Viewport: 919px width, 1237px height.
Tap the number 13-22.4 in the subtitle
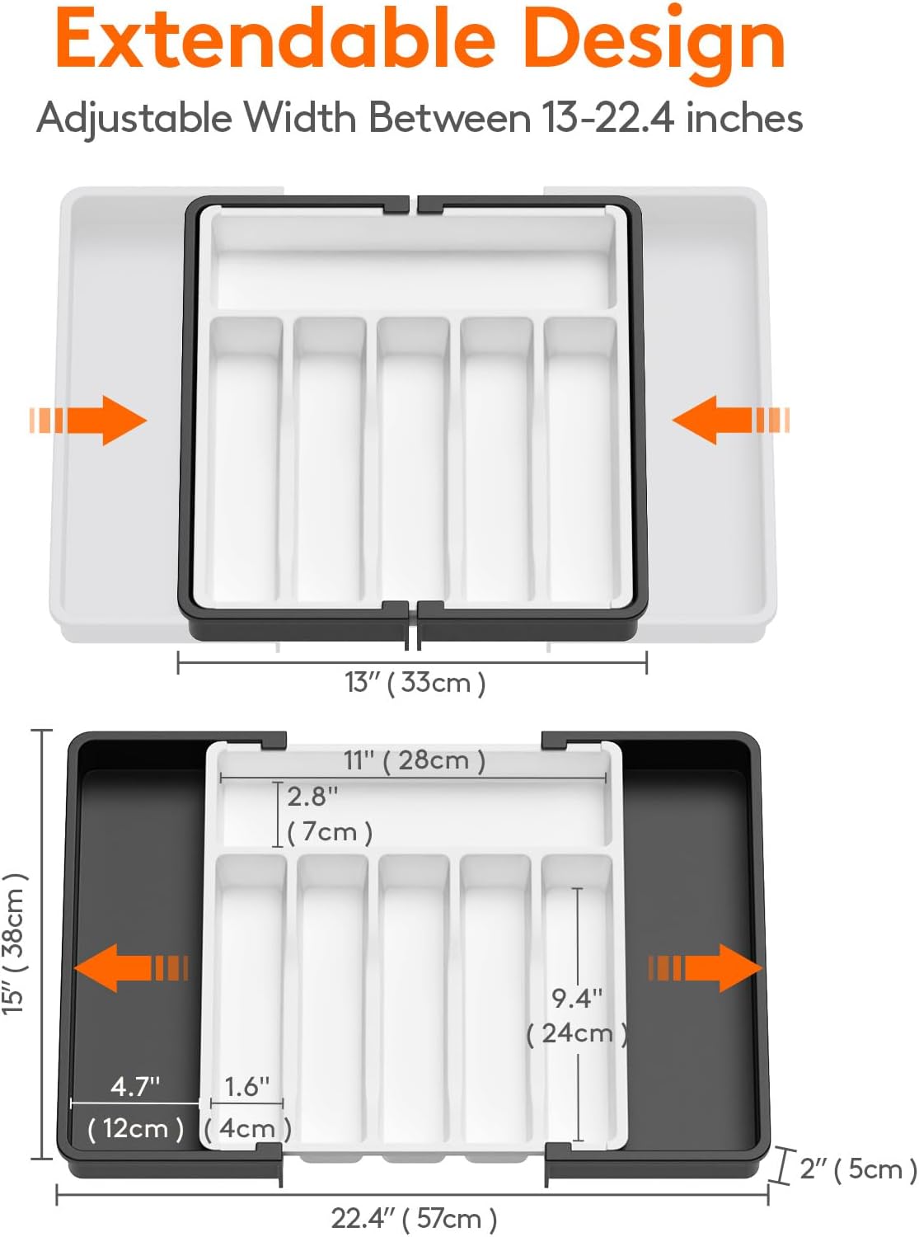pos(609,118)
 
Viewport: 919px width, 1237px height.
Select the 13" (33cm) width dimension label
pos(415,683)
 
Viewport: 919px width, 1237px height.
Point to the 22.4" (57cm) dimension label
pos(414,1218)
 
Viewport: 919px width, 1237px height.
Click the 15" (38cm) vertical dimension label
pos(15,943)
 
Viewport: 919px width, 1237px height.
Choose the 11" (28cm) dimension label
pos(414,760)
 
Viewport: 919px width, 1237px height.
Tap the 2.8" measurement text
pos(312,797)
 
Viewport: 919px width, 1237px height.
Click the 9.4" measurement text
pos(577,999)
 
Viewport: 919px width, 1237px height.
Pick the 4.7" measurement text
pos(135,1086)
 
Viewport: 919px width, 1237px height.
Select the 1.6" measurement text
pos(246,1086)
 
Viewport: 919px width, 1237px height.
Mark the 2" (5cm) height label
pos(857,1169)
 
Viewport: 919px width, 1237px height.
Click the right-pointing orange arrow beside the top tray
pos(89,420)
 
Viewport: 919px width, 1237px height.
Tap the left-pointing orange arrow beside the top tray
pos(730,420)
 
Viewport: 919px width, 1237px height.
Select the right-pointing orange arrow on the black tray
pos(705,967)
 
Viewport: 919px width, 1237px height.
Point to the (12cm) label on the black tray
pos(135,1127)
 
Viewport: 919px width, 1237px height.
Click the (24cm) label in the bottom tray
pos(577,1032)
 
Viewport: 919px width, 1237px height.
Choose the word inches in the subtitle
pos(744,118)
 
